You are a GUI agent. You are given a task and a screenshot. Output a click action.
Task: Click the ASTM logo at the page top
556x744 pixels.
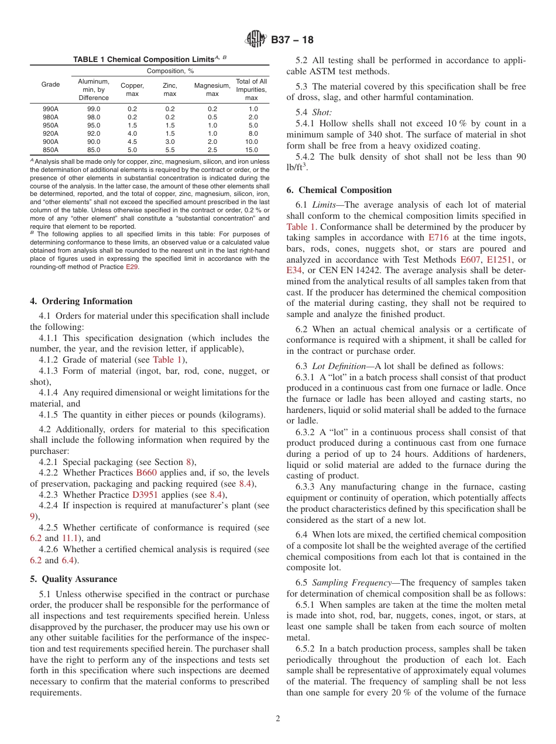pyautogui.click(x=255, y=40)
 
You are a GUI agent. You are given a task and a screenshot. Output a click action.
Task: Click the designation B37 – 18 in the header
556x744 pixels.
pyautogui.click(x=292, y=40)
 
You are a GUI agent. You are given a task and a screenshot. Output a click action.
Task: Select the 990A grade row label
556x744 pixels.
pyautogui.click(x=50, y=109)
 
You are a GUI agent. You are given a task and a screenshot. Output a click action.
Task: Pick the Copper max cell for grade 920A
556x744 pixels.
pyautogui.click(x=132, y=133)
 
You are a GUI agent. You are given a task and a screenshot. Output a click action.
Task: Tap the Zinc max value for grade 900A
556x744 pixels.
pyautogui.click(x=170, y=142)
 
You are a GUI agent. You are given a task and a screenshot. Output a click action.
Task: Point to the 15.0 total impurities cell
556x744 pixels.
pyautogui.click(x=251, y=150)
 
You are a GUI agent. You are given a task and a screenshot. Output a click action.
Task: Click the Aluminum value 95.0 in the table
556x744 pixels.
pyautogui.click(x=94, y=125)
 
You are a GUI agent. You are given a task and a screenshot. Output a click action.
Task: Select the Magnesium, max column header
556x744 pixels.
pyautogui.click(x=212, y=89)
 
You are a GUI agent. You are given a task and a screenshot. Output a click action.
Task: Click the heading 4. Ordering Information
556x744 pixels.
pyautogui.click(x=81, y=301)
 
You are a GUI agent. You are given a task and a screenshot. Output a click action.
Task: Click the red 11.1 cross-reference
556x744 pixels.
pyautogui.click(x=70, y=538)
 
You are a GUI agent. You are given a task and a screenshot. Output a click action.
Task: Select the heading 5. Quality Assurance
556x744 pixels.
pyautogui.click(x=73, y=579)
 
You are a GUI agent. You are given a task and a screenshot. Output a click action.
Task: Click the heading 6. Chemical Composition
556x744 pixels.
pyautogui.click(x=339, y=190)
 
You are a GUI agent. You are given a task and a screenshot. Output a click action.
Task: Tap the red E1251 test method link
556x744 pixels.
pyautogui.click(x=499, y=259)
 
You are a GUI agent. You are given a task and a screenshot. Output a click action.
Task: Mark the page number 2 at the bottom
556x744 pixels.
pyautogui.click(x=278, y=719)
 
